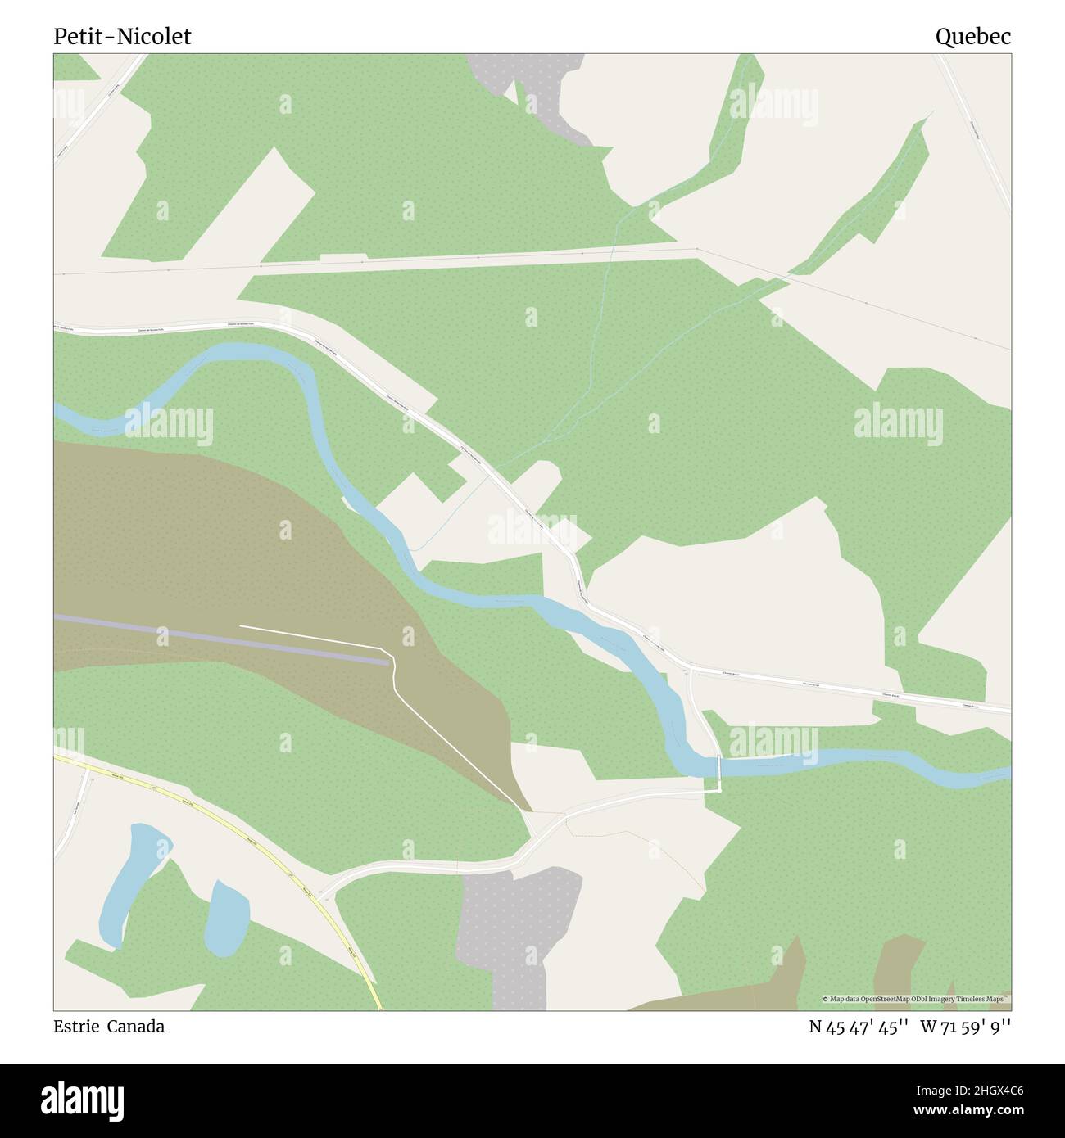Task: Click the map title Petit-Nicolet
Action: (x=122, y=36)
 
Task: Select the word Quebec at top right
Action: (x=973, y=36)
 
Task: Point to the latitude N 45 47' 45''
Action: (x=859, y=1027)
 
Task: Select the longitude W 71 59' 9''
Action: (x=966, y=1027)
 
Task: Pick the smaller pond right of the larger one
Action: (x=226, y=918)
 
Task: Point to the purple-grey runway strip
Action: (x=221, y=638)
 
